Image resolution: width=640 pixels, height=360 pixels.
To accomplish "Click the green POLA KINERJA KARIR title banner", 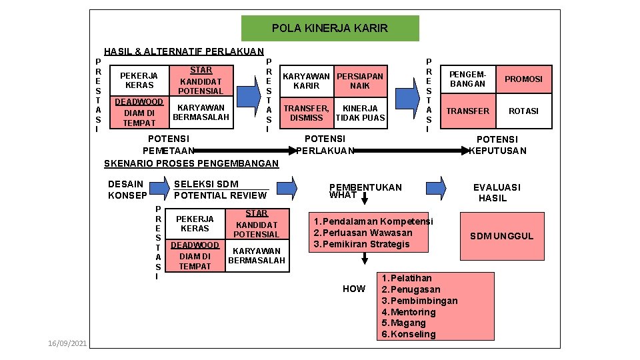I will [329, 29].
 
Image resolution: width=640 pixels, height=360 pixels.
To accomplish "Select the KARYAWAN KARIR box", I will [307, 81].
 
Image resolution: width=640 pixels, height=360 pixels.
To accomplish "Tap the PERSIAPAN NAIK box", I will [360, 81].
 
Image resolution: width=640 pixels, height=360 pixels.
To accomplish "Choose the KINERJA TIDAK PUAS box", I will [360, 113].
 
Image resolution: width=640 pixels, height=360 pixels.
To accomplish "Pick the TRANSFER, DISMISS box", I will [307, 113].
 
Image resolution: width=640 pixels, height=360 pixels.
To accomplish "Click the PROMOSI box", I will [523, 79].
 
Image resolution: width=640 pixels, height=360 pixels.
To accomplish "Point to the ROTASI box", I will [523, 111].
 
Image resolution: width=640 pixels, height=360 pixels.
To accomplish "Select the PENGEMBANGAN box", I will [467, 79].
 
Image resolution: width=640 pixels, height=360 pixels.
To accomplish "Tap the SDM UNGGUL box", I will [501, 236].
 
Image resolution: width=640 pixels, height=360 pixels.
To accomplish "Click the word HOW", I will [353, 289].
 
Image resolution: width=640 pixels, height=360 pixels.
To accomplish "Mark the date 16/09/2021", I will [67, 343].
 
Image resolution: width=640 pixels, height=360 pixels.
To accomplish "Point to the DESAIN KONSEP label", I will [126, 189].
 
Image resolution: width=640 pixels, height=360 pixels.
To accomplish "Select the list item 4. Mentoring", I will [409, 312].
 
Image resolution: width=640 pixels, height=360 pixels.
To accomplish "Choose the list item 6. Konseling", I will [409, 334].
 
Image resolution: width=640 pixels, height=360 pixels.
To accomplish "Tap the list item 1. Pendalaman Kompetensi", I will [373, 221].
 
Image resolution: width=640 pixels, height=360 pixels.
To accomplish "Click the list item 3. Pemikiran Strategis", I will [362, 244].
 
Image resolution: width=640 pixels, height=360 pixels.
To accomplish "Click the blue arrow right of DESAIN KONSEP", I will [159, 189].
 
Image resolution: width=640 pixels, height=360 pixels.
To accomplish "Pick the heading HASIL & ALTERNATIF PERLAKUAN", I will [184, 51].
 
